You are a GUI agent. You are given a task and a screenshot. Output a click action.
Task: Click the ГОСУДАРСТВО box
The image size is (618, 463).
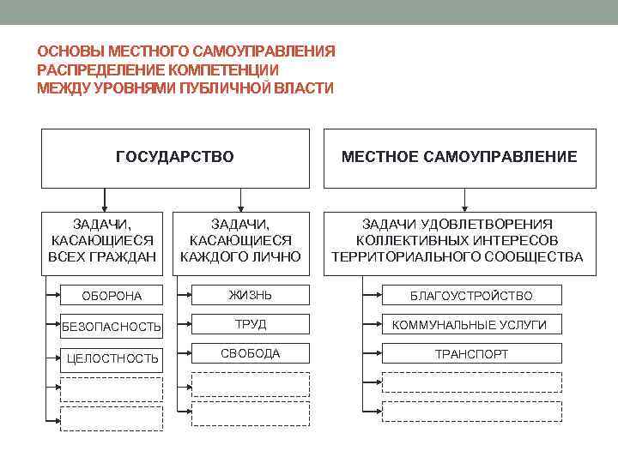pos(175,158)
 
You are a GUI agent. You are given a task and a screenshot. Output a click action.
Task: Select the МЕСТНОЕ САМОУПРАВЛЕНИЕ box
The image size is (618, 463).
pos(459,158)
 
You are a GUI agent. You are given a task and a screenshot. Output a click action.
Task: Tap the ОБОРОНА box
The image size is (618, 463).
pos(112,297)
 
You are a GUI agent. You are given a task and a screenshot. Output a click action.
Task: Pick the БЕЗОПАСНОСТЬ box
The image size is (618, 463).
pos(112,327)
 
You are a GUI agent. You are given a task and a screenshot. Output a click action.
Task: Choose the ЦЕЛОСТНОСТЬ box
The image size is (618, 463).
pos(112,358)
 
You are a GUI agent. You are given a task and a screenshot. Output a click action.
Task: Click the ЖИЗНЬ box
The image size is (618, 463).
pos(250,296)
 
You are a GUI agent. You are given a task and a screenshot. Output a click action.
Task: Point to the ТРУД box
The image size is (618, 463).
pos(250,325)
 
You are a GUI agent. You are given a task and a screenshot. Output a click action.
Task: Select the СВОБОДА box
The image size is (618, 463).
pos(250,353)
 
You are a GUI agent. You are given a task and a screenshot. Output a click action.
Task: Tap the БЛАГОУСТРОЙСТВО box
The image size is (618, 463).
pos(471,296)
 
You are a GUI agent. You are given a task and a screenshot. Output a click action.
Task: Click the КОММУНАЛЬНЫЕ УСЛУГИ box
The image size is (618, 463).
pos(471,325)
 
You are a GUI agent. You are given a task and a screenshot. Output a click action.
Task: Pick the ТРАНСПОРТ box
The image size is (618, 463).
pos(471,353)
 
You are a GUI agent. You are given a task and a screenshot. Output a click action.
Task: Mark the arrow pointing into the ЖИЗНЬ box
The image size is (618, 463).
pos(185,296)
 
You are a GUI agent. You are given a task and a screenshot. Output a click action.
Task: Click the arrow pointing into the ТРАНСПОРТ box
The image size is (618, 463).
pos(375,353)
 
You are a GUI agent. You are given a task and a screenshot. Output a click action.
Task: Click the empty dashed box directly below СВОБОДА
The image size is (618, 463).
pos(250,384)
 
